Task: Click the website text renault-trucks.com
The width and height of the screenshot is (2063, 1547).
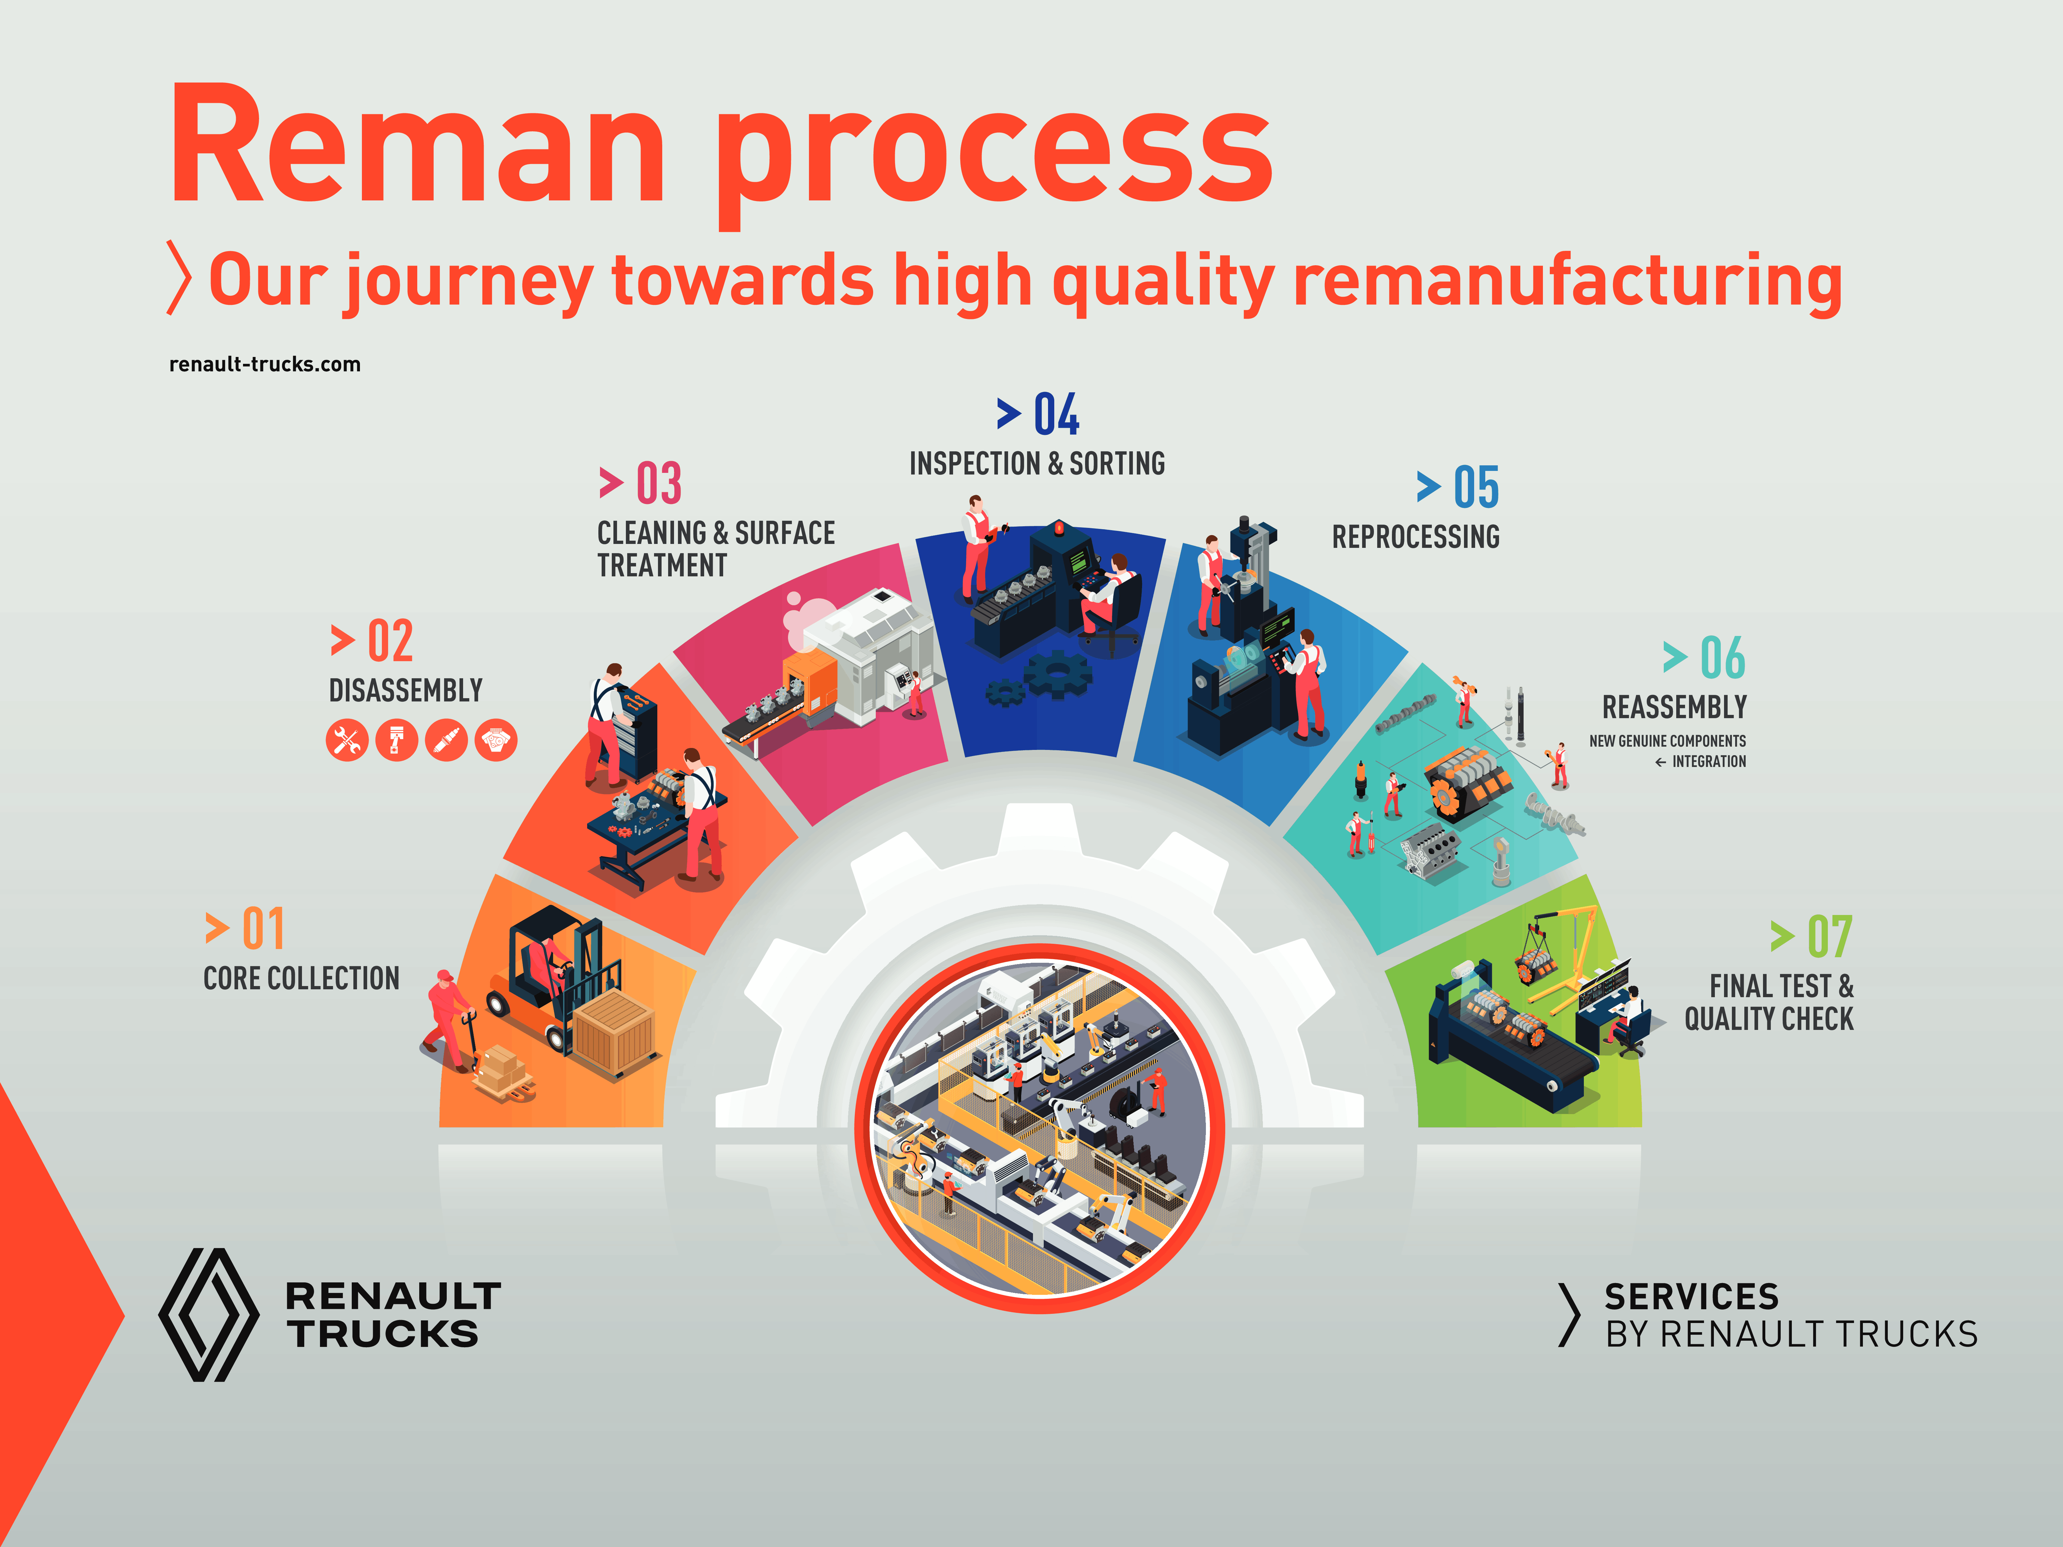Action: click(x=265, y=364)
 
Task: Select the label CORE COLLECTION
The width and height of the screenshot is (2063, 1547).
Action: click(x=301, y=978)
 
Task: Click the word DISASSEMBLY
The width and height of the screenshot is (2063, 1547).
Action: click(x=406, y=691)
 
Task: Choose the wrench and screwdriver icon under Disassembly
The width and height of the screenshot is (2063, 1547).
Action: click(x=347, y=741)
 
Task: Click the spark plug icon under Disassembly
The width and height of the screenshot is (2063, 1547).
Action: click(x=446, y=741)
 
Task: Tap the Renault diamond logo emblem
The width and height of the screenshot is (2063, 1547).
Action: click(x=209, y=1315)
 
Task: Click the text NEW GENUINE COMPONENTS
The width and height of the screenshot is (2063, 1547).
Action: click(x=1668, y=741)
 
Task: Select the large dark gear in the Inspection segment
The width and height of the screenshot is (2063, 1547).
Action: click(x=1058, y=673)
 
